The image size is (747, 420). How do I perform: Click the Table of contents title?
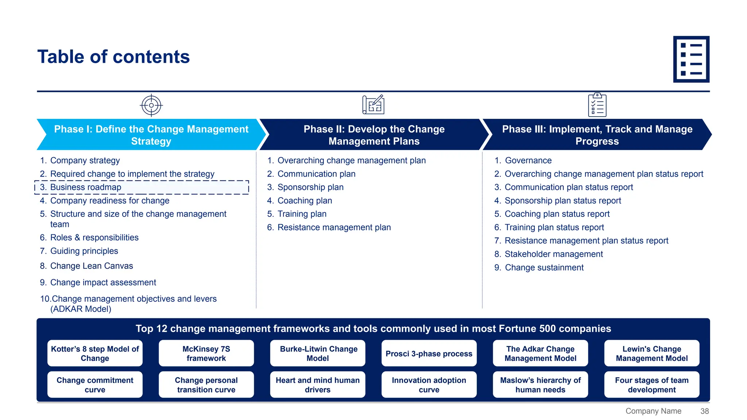[113, 57]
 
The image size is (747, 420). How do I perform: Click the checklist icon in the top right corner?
[691, 59]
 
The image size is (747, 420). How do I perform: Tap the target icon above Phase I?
[151, 105]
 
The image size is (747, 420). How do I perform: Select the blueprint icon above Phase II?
[373, 105]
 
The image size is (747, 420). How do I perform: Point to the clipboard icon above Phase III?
[597, 105]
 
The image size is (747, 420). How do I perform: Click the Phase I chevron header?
[151, 135]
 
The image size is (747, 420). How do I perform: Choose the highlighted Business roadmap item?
[142, 187]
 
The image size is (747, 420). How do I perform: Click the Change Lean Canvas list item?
[91, 266]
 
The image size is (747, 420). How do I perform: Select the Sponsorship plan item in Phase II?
[310, 187]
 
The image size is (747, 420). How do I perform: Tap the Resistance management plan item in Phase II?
[334, 227]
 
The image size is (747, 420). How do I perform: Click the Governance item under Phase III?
[528, 160]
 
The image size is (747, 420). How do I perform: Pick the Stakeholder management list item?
[553, 254]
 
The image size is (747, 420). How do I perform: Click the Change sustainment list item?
[544, 268]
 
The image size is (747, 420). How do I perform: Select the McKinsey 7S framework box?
[206, 353]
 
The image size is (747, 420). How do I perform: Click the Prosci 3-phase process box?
[429, 353]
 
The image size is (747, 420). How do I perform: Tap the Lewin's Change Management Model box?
[651, 353]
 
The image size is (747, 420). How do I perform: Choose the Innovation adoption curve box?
[429, 385]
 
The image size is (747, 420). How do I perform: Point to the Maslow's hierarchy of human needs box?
[540, 385]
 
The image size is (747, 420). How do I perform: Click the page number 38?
[704, 411]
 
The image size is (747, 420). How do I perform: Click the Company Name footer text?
[653, 411]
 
